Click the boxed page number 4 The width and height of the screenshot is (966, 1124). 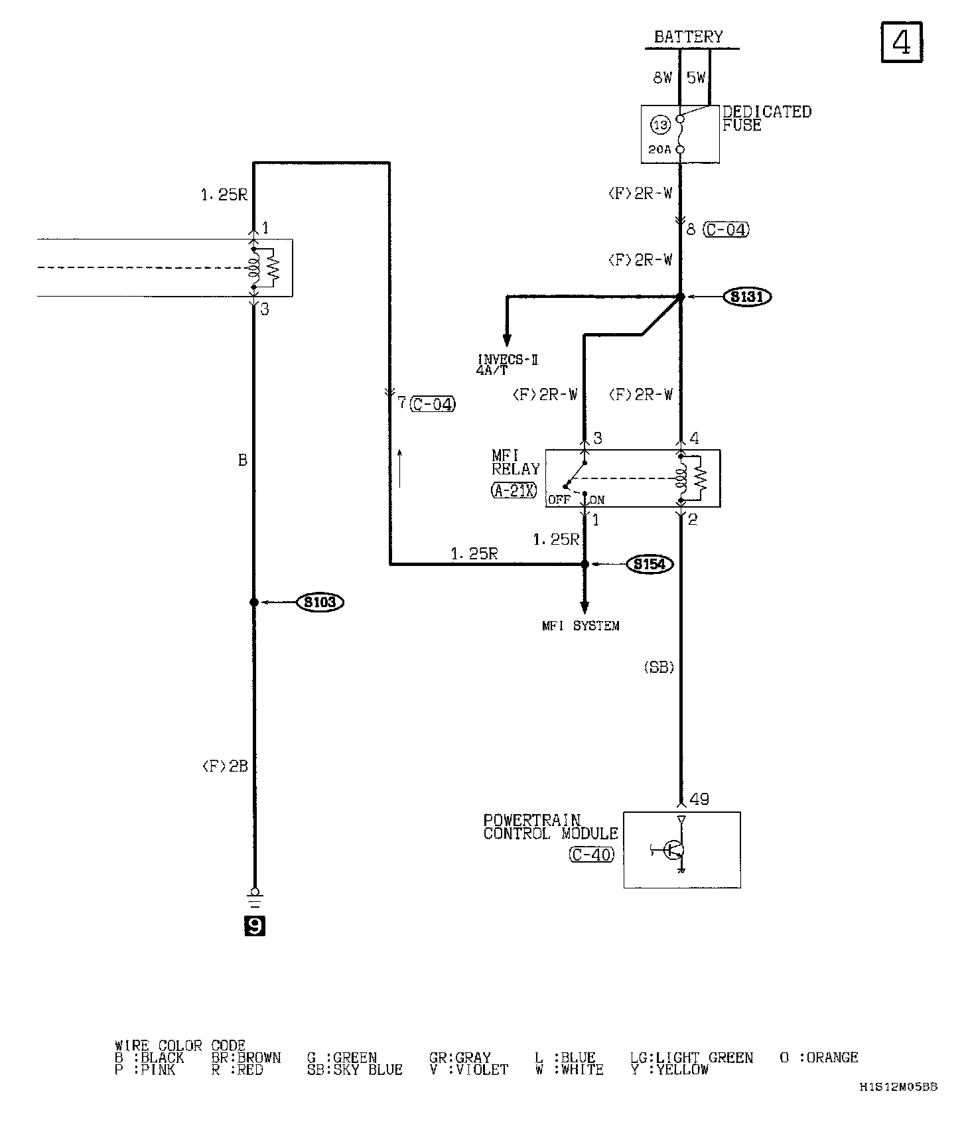click(902, 42)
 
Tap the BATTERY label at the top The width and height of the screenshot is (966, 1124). click(688, 37)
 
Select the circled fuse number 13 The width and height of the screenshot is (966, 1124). click(660, 124)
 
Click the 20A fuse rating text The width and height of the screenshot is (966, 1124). click(659, 150)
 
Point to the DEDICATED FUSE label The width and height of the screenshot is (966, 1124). click(766, 118)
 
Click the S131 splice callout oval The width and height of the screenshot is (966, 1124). click(747, 297)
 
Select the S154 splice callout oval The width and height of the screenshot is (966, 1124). click(650, 565)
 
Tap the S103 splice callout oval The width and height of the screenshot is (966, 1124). click(320, 602)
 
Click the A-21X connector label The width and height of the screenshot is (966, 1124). click(514, 491)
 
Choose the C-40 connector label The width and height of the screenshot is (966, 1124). click(592, 855)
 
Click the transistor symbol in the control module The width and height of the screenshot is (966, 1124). click(675, 850)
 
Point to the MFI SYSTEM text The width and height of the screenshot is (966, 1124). click(581, 626)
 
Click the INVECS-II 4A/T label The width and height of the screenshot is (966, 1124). click(508, 365)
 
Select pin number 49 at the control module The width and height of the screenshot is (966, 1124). click(699, 800)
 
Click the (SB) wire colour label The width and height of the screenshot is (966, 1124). click(659, 668)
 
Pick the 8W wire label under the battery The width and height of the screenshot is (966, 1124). click(662, 78)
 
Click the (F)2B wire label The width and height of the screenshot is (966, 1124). click(225, 766)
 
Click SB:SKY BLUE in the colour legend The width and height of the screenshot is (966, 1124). click(355, 1070)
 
